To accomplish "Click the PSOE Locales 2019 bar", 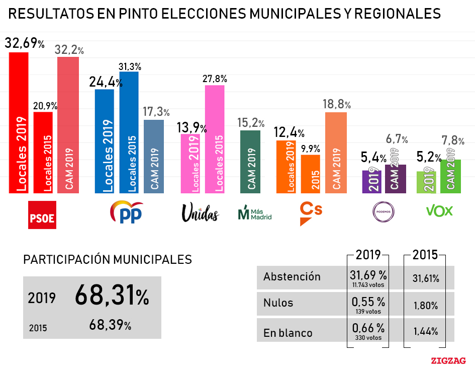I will pos(19,123).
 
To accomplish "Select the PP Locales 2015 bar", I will pos(129,132).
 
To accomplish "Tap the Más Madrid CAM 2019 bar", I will pos(250,162).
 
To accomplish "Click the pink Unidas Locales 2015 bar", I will pos(215,139).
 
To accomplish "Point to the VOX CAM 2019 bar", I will pos(450,176).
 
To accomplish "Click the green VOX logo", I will pos(439,210).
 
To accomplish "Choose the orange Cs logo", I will pos(310,212).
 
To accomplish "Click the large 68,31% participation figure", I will pos(112,296).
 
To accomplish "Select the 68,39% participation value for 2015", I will pos(110,326).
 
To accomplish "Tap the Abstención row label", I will pos(292,276).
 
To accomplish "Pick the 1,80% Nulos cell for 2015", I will pos(425,305).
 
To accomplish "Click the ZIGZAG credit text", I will pos(448,360).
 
